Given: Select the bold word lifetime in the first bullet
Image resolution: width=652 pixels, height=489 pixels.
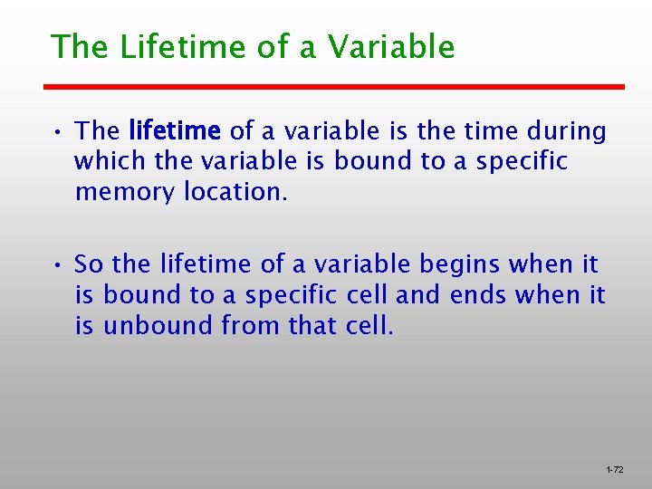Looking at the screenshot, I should point(175,131).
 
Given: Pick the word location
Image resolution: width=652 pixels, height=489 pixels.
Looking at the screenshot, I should point(236,192).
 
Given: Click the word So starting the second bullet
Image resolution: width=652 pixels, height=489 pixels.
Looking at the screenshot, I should point(90,264).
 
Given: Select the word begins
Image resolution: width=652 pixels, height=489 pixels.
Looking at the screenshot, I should point(460,264).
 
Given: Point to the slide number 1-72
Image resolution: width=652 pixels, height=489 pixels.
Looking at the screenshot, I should point(614,470).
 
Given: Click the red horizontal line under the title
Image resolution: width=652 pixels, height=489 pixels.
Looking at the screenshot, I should point(335,87).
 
